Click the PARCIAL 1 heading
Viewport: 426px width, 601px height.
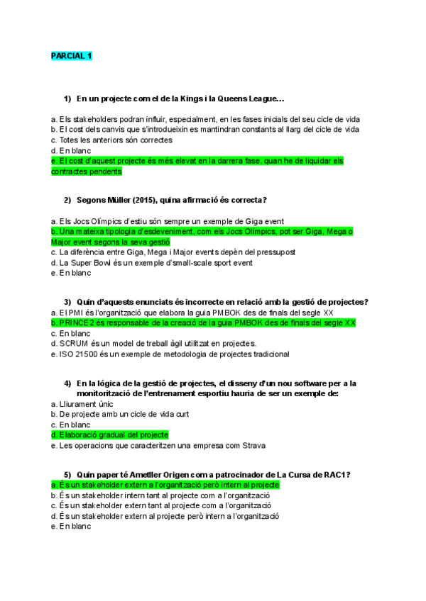tap(71, 55)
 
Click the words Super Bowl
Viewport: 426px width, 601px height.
tap(90, 262)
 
